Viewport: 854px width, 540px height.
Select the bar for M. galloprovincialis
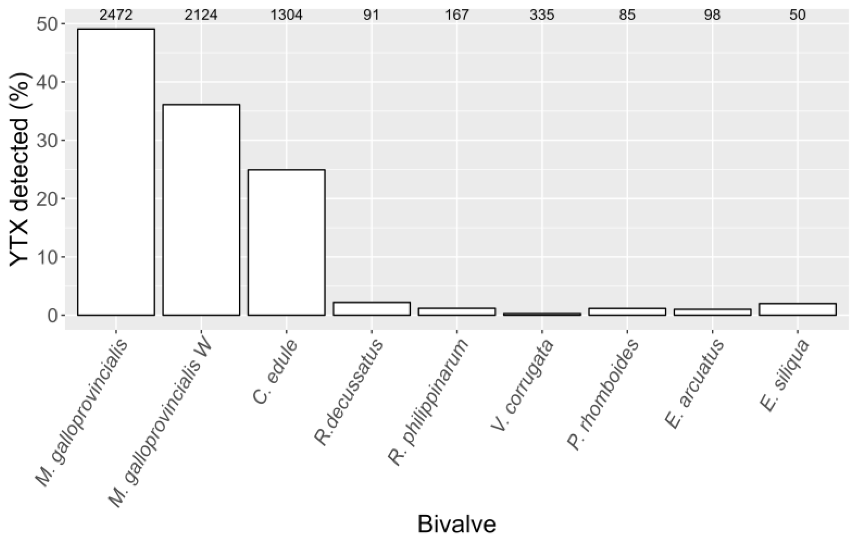point(116,172)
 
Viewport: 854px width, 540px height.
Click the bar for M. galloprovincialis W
point(201,210)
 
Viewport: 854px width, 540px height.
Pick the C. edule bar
point(286,242)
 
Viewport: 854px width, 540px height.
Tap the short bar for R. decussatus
point(372,309)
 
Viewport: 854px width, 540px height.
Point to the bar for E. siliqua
point(798,309)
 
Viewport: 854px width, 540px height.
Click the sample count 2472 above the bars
point(116,15)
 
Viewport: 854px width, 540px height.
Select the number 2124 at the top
point(201,15)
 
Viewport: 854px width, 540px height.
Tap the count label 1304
point(286,15)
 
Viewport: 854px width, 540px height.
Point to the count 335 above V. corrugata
point(542,15)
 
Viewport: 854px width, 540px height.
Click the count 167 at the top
point(457,15)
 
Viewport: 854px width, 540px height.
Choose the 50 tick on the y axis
point(48,24)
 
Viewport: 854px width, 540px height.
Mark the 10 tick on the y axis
point(48,257)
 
